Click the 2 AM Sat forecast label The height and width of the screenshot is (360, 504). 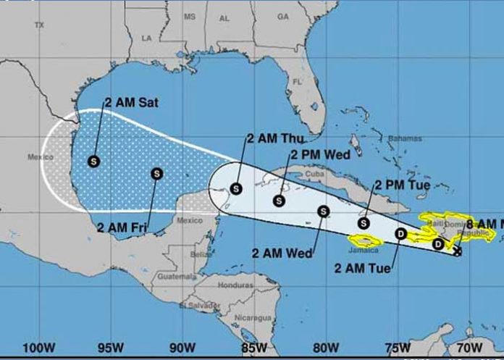pyautogui.click(x=131, y=103)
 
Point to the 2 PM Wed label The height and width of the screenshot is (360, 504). pyautogui.click(x=320, y=154)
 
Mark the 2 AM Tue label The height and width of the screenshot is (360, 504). pyautogui.click(x=363, y=269)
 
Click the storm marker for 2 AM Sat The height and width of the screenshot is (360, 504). pyautogui.click(x=94, y=161)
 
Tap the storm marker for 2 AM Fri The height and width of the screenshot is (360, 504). pyautogui.click(x=157, y=173)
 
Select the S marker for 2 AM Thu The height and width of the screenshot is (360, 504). pyautogui.click(x=235, y=189)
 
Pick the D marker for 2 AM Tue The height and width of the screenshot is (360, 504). pyautogui.click(x=401, y=233)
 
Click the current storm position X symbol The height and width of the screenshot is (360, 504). pyautogui.click(x=458, y=251)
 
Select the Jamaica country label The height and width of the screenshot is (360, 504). pyautogui.click(x=364, y=250)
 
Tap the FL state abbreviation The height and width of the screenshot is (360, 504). pyautogui.click(x=297, y=82)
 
